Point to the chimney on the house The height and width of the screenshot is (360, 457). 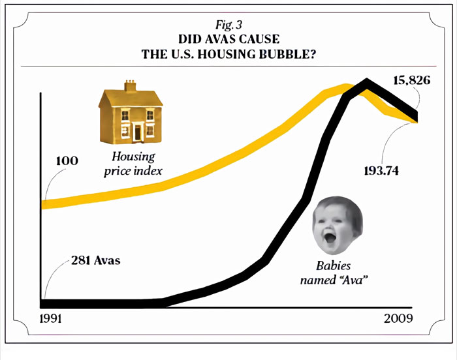point(131,86)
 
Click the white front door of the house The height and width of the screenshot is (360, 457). point(137,132)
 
